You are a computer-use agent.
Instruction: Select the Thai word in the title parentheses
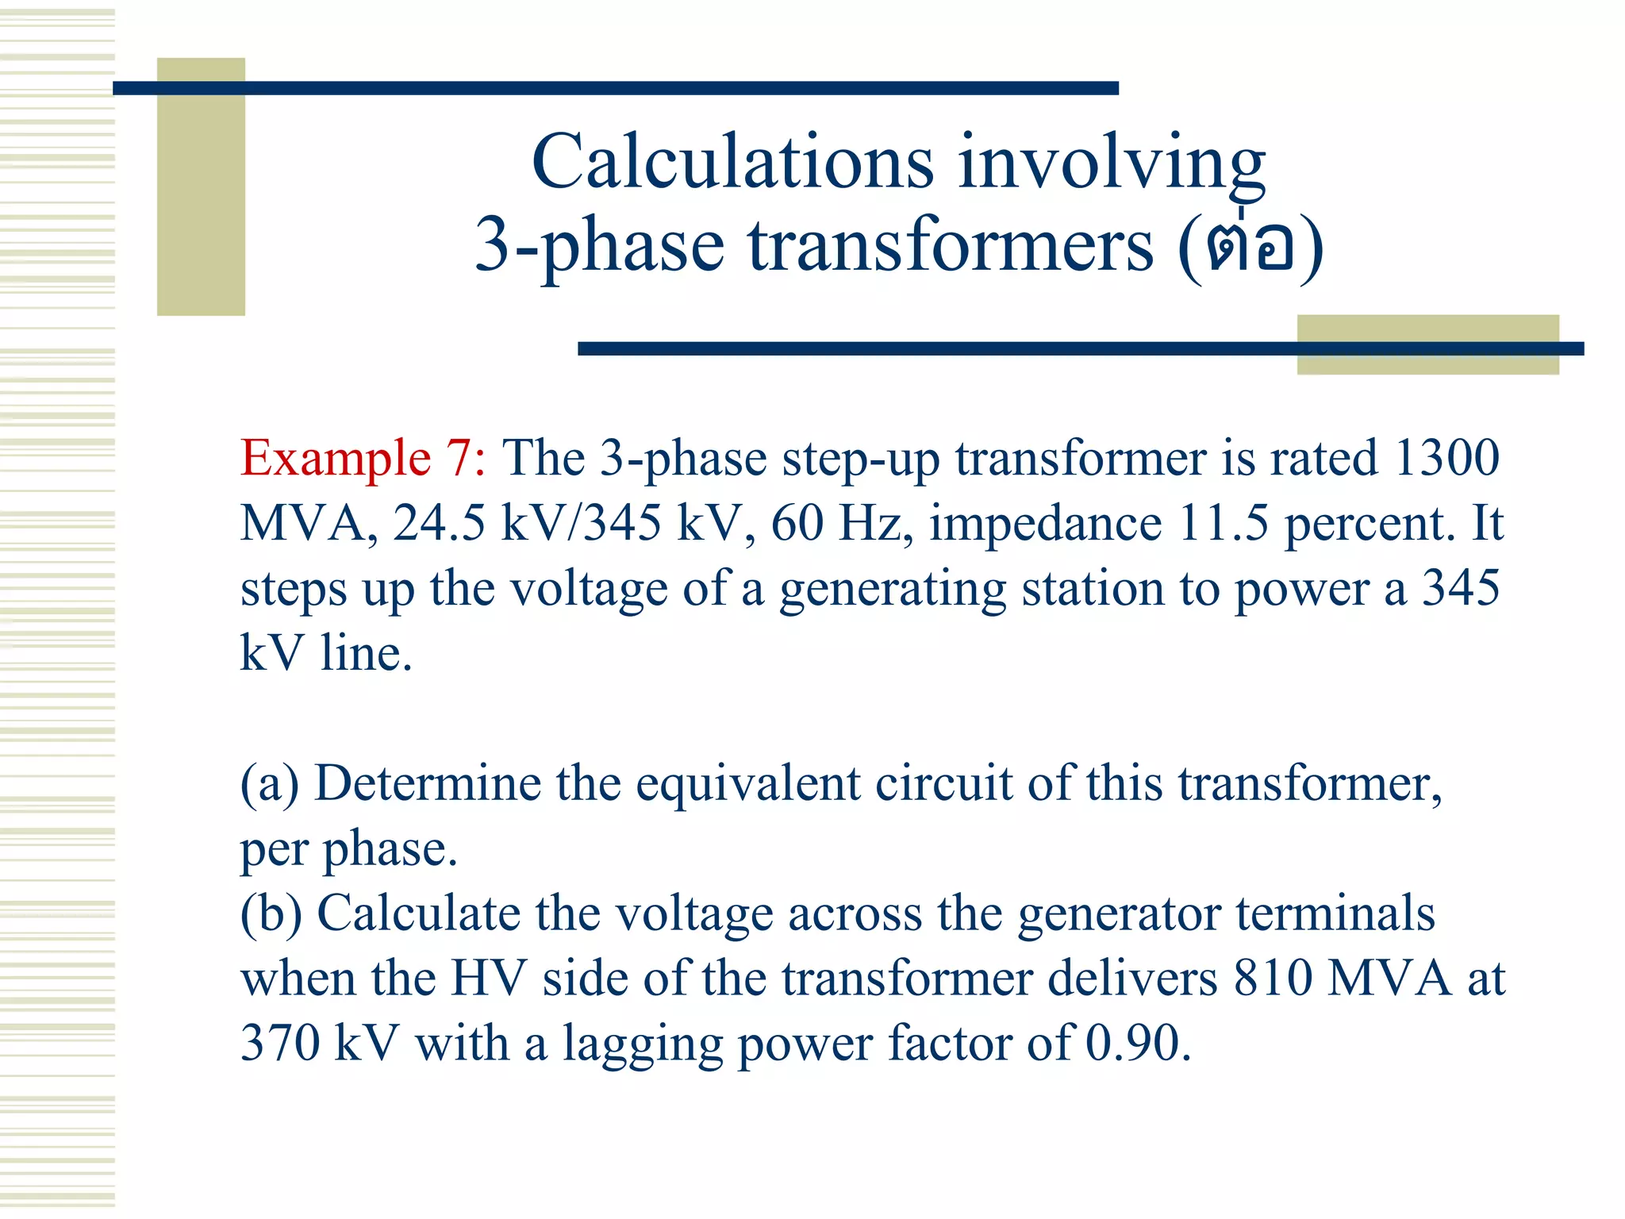click(1250, 244)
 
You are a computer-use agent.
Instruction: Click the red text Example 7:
click(363, 459)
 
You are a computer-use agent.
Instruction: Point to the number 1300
click(1446, 459)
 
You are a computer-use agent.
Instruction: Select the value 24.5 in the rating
click(438, 524)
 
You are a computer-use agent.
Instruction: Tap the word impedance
click(1046, 524)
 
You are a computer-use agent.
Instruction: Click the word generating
click(893, 590)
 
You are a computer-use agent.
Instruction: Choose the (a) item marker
click(270, 784)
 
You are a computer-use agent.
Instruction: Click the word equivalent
click(747, 784)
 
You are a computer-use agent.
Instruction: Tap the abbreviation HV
click(489, 979)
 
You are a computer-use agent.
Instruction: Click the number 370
click(279, 1044)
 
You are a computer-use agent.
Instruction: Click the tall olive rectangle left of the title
click(201, 187)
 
